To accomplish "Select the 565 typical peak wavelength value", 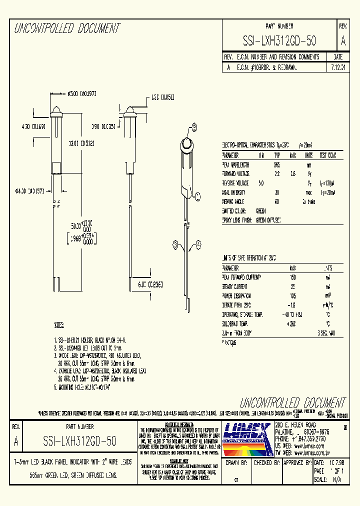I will [x=276, y=164].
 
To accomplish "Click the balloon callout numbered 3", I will [x=175, y=244].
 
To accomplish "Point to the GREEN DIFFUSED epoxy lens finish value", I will [x=268, y=220].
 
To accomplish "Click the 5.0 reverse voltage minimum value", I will [x=260, y=182].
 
